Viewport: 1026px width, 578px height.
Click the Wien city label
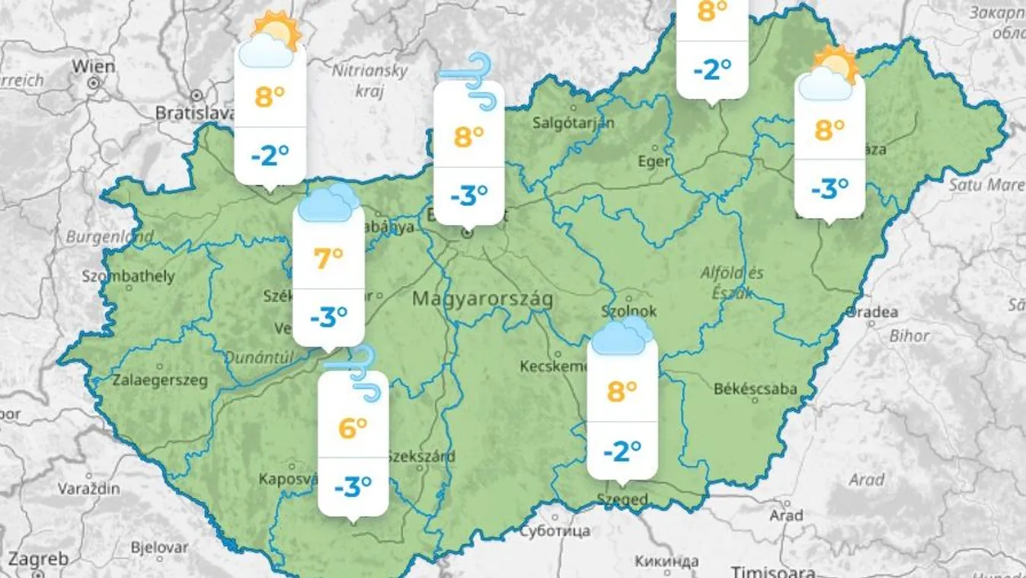pos(94,66)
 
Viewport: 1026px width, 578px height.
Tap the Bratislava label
pos(193,113)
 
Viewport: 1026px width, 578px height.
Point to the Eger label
pos(654,162)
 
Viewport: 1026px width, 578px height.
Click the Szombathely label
pos(128,276)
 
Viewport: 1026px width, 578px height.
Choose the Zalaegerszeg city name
pos(160,380)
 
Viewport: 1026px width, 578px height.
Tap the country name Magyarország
pos(482,298)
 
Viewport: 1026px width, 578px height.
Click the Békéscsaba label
pos(755,390)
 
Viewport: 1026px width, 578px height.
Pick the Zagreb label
pos(37,559)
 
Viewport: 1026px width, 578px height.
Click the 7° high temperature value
pos(329,258)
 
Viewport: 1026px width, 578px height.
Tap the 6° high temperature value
pos(353,428)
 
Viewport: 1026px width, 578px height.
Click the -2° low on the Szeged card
pos(622,451)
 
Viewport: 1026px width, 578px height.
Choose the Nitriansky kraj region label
pos(370,79)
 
